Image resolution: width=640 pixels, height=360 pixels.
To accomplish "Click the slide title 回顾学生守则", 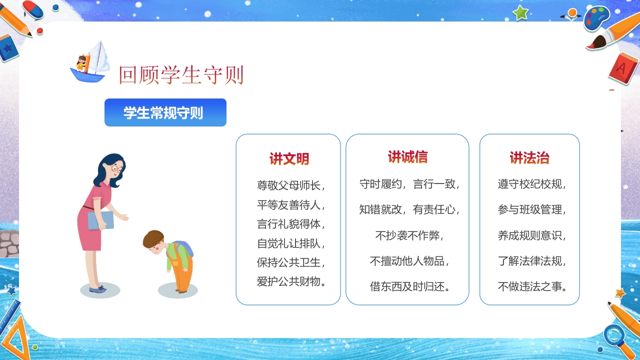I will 181,75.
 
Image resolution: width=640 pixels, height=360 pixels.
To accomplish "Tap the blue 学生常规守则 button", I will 165,112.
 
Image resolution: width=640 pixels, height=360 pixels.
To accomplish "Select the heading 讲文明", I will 289,159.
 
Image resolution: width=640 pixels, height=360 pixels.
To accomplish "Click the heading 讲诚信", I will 407,157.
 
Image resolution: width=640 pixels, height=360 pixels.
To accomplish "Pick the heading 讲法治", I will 529,158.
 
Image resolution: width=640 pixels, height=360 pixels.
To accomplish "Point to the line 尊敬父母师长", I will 291,185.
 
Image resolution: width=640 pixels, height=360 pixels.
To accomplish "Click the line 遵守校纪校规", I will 532,183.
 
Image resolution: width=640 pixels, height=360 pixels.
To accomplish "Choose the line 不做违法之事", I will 532,286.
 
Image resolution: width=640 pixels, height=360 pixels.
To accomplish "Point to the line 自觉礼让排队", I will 291,243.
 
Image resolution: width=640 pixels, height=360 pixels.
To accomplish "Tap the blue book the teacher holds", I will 100,220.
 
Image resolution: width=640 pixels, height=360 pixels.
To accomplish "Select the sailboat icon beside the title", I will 90,62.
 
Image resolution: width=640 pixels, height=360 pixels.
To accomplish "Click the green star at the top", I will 520,12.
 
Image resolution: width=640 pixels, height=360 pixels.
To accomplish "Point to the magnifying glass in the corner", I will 614,335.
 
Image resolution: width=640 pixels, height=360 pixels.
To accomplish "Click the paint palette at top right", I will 596,18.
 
